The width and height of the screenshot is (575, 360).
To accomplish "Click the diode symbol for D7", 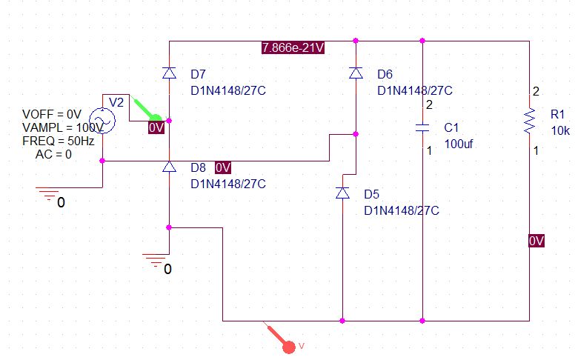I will (x=169, y=73).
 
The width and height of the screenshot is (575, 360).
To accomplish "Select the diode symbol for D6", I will (x=356, y=73).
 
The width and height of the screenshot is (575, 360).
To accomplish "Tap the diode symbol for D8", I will (x=169, y=167).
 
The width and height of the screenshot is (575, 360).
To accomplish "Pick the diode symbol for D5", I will (x=342, y=193).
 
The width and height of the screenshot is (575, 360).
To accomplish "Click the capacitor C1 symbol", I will (x=422, y=127).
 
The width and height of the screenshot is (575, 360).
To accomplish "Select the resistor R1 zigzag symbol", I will (x=530, y=121).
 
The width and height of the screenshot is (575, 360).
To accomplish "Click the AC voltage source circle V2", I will (x=102, y=119).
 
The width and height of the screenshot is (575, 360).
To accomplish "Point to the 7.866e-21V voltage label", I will (x=293, y=48).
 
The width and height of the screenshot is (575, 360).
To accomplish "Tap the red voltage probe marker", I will (x=289, y=344).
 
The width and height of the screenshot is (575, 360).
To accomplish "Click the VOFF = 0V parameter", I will (x=51, y=115).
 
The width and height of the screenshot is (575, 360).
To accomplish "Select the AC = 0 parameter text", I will (x=53, y=154).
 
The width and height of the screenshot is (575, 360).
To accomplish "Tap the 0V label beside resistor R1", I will (x=536, y=241).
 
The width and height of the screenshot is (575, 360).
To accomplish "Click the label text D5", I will (x=372, y=194).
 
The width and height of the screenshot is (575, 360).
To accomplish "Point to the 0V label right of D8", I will (x=224, y=167).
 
